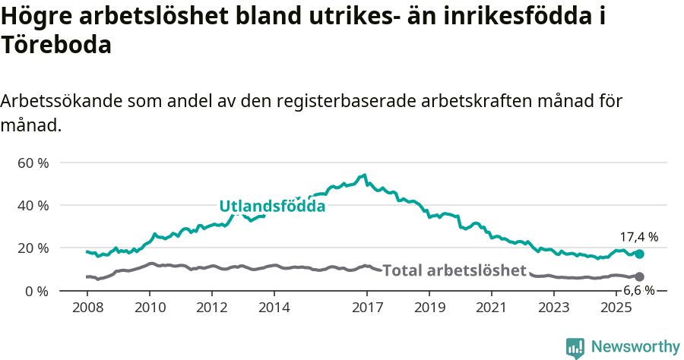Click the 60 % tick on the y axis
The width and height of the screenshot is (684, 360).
(x=33, y=163)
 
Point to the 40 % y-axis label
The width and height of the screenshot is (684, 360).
(x=33, y=205)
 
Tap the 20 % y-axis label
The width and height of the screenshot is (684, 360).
(x=33, y=248)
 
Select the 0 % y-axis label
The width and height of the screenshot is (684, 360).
(x=36, y=291)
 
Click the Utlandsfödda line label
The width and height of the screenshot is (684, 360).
(x=272, y=206)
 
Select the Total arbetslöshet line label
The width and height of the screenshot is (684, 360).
(x=454, y=270)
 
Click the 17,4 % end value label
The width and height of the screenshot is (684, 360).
(x=638, y=237)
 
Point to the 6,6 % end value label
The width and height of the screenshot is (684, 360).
(x=638, y=290)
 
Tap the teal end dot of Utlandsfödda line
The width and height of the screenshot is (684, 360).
(x=639, y=254)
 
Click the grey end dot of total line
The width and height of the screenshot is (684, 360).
(x=639, y=276)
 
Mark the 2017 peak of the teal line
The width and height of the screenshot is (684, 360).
(x=365, y=175)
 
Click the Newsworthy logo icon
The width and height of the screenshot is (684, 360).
(x=575, y=347)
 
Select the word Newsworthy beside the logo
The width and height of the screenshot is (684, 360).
(x=635, y=347)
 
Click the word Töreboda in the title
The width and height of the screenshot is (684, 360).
(x=56, y=45)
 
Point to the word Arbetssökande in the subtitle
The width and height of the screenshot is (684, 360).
(x=62, y=101)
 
